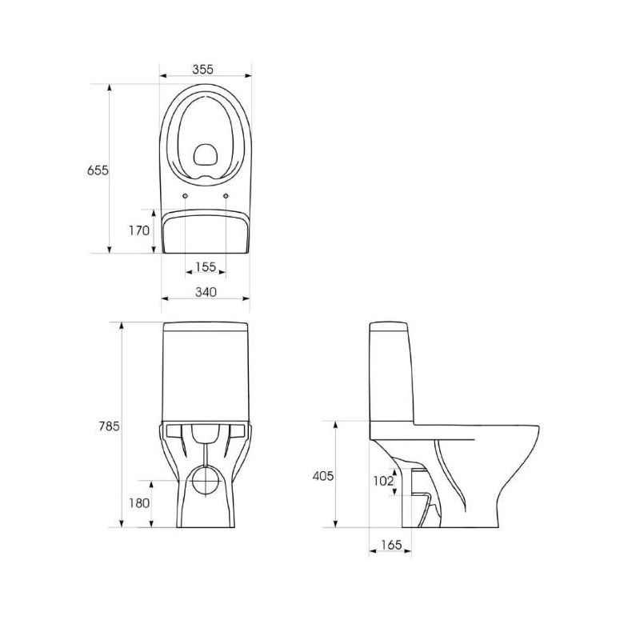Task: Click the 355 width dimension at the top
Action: point(203,70)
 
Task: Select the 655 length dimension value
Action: point(98,170)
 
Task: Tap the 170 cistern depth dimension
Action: point(139,230)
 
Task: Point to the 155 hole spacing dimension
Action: point(206,267)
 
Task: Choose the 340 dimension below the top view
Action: point(206,292)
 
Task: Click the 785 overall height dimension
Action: point(110,426)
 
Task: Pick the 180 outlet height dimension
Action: point(139,503)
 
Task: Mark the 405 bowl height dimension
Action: point(323,476)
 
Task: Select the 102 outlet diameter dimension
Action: point(383,482)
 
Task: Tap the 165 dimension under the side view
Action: point(391,545)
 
